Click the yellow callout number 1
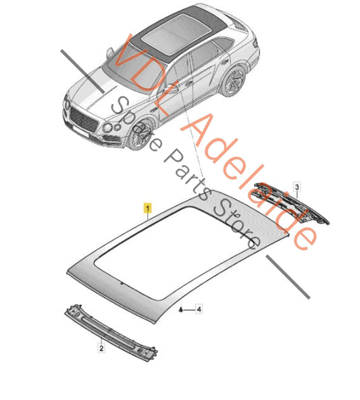[x=148, y=207]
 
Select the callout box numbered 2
[x=101, y=348]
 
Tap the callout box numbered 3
[x=297, y=187]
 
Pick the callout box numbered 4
[x=199, y=309]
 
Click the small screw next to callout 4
[x=181, y=309]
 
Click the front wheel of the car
[x=140, y=134]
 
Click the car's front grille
[x=84, y=120]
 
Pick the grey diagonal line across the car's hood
[x=82, y=72]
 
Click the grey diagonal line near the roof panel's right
[x=288, y=277]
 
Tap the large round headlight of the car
[x=107, y=128]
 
